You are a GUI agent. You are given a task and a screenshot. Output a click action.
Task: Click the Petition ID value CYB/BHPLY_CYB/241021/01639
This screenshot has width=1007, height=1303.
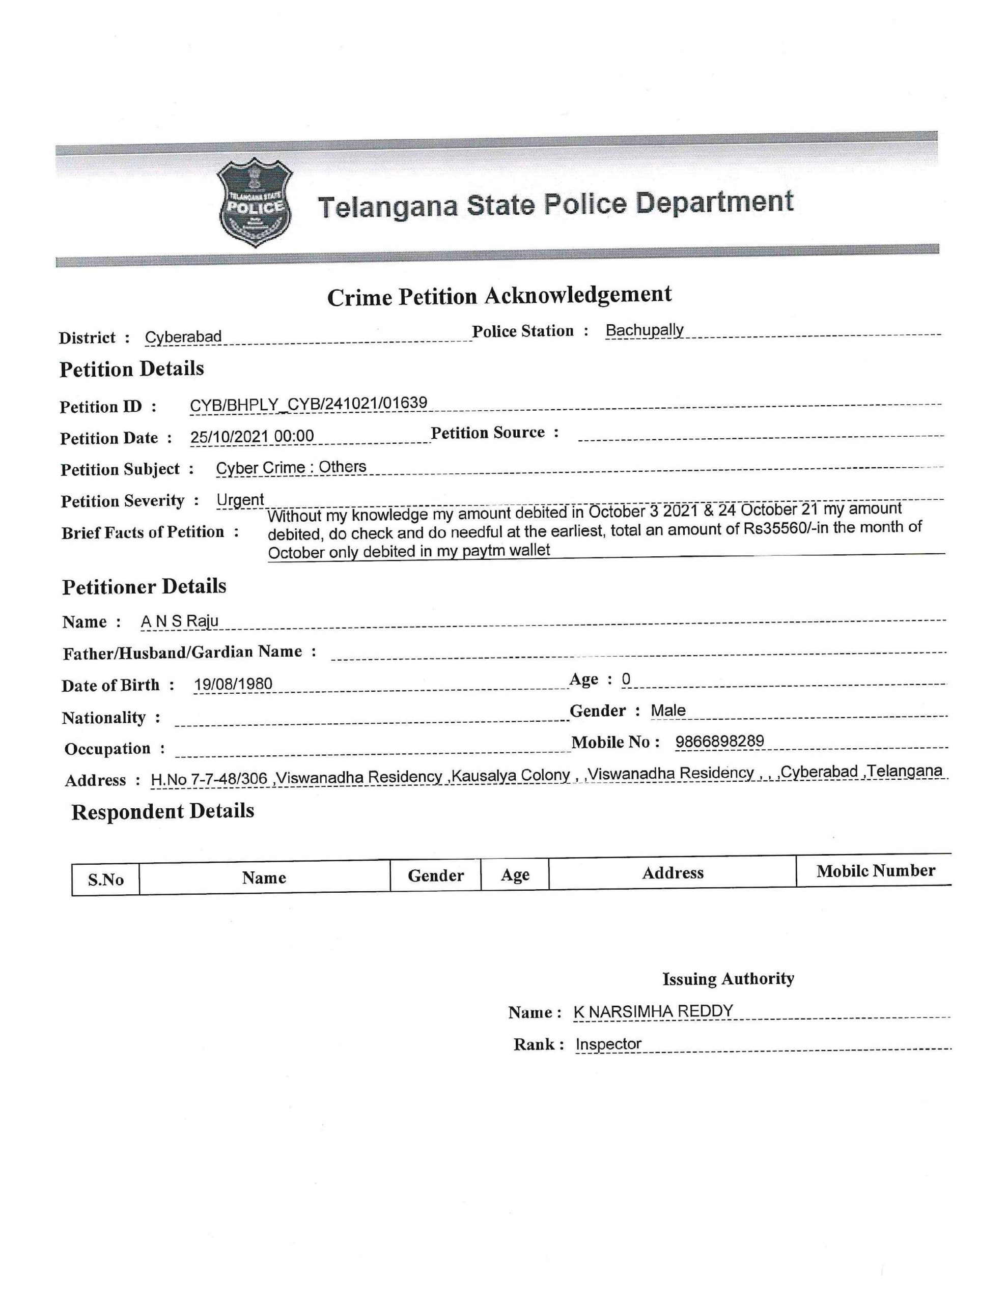coord(308,404)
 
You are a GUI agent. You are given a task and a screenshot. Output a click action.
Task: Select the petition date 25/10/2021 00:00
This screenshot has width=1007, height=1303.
coord(252,436)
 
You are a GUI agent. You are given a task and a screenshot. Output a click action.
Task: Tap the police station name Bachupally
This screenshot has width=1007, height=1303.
coord(644,330)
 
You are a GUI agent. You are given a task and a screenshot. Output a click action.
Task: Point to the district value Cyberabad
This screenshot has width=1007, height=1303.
coord(183,336)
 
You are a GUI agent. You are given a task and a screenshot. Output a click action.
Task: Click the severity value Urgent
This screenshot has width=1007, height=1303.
coord(240,499)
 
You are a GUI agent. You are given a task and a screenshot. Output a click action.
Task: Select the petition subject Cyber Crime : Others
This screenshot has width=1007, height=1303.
coord(291,467)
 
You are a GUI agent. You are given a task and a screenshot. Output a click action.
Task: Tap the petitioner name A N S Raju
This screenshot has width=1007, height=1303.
coord(180,621)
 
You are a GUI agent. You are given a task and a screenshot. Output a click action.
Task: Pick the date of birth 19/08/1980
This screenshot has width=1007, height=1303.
coord(233,684)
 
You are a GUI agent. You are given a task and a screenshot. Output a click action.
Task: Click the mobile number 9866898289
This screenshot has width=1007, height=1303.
coord(719,741)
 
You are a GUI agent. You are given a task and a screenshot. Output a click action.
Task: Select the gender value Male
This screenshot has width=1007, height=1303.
coord(668,710)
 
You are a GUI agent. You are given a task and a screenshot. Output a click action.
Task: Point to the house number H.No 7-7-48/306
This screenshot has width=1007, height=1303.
coord(209,779)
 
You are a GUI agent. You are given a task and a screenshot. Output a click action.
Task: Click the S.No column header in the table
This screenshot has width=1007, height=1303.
coord(106,880)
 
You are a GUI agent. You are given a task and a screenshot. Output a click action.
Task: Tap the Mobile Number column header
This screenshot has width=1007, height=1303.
coord(875,871)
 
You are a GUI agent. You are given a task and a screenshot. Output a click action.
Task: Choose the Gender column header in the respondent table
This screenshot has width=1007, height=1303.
coord(436,875)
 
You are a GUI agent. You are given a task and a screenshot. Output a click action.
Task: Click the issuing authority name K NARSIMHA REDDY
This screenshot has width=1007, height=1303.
coord(653,1011)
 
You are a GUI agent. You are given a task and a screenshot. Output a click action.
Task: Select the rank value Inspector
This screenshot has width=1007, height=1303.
coord(608,1043)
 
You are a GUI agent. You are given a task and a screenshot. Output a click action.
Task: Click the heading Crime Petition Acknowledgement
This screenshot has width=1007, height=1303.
coord(499,296)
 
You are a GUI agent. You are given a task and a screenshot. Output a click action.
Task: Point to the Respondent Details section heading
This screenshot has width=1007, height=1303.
coord(162,811)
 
